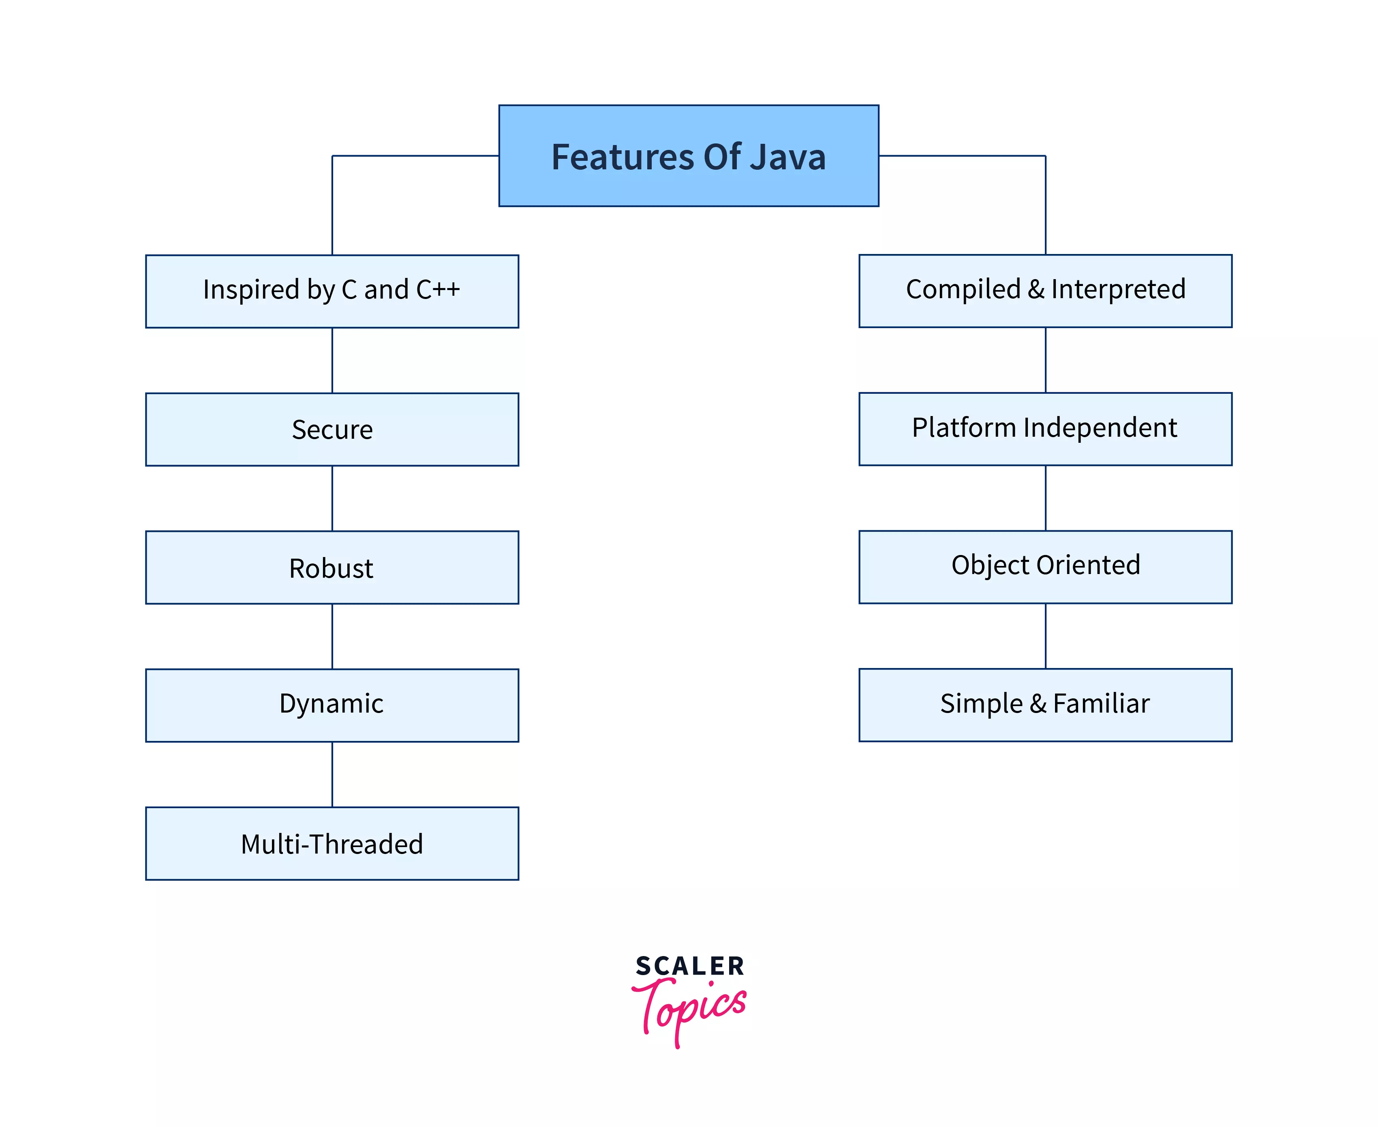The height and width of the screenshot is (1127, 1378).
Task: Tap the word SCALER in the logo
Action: click(690, 966)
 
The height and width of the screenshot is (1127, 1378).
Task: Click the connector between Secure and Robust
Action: click(332, 498)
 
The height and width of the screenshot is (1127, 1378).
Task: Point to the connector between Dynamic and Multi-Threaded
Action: click(332, 774)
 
